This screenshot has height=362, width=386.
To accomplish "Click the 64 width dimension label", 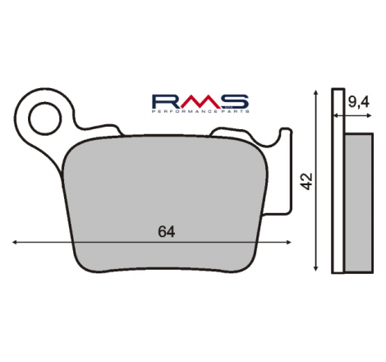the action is (x=167, y=232).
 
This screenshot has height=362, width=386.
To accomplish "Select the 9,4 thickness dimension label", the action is (x=359, y=102).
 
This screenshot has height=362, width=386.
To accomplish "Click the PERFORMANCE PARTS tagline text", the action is (x=200, y=111).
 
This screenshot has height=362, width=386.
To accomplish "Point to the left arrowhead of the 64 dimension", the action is (x=15, y=242).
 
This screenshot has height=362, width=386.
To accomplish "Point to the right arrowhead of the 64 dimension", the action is (x=288, y=242).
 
